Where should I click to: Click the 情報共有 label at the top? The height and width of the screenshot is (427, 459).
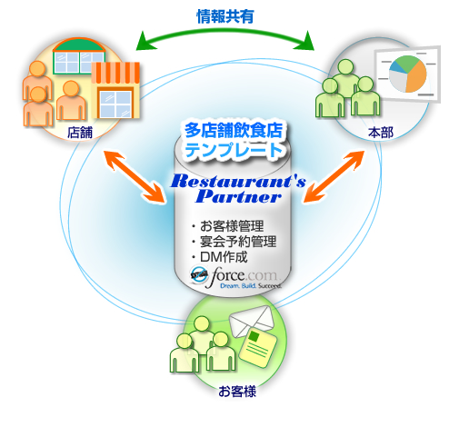point(225,15)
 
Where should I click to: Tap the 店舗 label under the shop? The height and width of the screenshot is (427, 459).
point(80,132)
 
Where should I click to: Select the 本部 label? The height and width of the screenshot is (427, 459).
point(381,133)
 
